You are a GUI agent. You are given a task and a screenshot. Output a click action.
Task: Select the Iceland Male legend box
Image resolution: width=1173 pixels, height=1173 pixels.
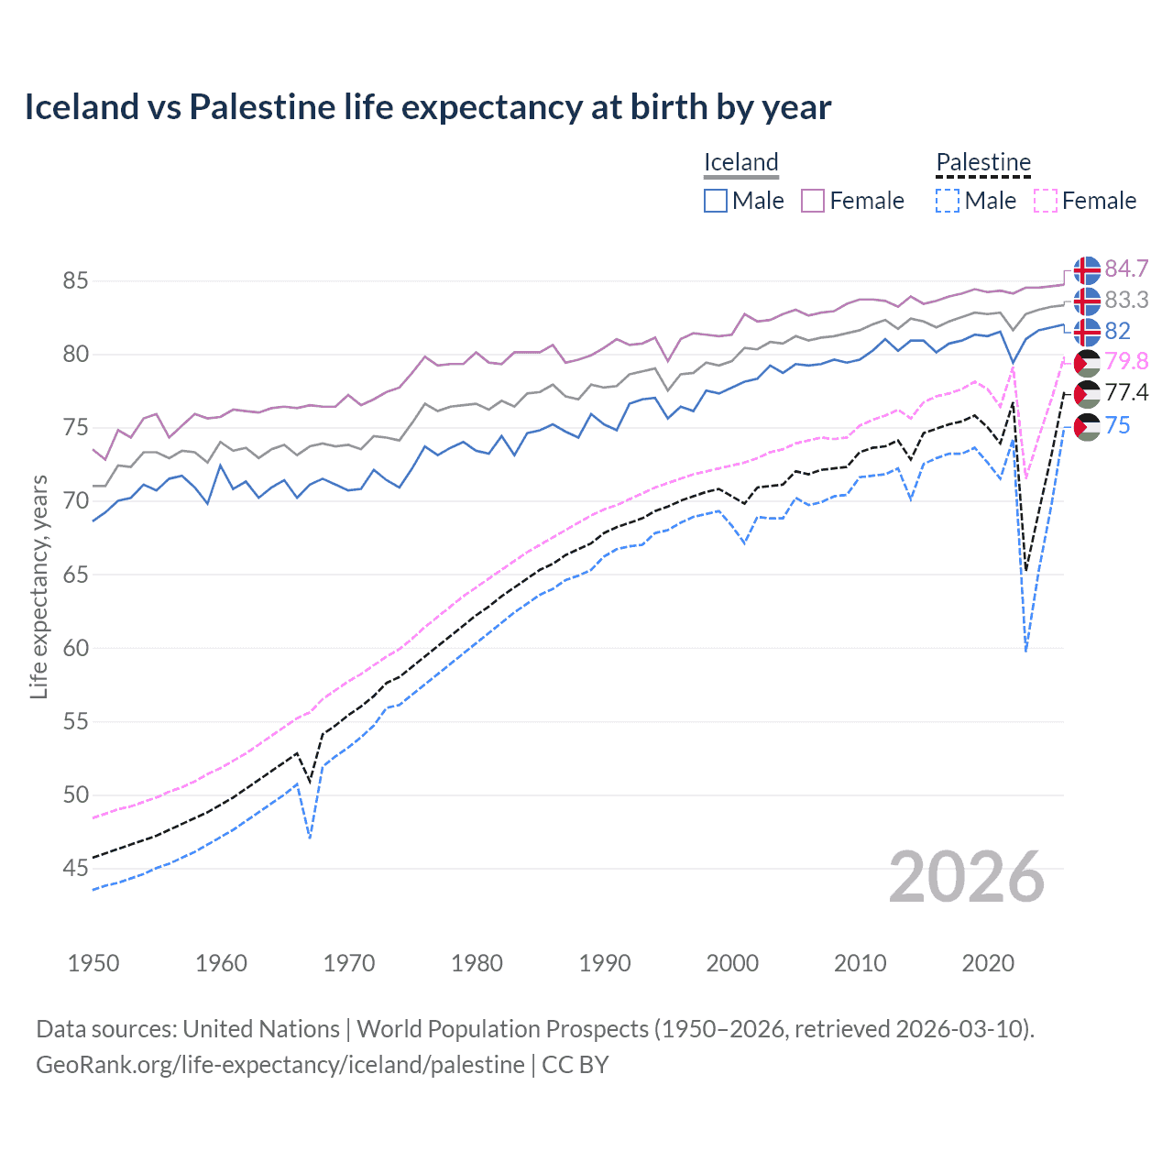tap(716, 201)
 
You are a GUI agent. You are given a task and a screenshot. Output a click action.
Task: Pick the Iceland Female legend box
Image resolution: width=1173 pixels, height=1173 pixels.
tap(813, 201)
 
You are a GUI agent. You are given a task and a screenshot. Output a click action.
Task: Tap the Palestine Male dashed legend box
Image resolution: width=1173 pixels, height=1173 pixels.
tap(948, 201)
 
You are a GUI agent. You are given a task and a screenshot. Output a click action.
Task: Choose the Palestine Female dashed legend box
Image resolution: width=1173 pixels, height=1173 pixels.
tap(1046, 201)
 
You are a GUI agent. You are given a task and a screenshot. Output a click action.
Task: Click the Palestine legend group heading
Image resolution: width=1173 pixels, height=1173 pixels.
tap(983, 163)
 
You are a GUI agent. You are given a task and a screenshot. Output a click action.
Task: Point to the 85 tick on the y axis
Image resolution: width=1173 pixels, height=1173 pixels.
tap(75, 280)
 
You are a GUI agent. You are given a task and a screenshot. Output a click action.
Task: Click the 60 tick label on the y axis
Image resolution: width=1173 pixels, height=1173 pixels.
tap(75, 648)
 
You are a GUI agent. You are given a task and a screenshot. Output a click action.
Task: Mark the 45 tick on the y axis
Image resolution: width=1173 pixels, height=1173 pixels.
tap(75, 868)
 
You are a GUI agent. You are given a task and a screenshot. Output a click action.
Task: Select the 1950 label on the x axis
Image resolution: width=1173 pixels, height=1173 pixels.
tap(93, 963)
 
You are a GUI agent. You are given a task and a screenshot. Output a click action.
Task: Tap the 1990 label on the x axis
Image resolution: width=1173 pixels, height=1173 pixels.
tap(605, 963)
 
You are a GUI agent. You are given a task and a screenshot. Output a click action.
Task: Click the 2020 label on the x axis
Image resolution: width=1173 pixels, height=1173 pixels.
tap(988, 963)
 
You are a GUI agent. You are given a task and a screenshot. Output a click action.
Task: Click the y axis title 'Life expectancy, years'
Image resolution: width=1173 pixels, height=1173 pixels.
tap(38, 586)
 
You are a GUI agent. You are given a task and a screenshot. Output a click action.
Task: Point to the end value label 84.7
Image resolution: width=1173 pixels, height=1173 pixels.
tap(1126, 269)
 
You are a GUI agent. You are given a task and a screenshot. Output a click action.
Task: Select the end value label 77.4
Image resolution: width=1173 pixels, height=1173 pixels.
tap(1126, 393)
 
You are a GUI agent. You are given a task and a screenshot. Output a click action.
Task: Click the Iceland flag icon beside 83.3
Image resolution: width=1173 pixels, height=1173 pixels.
tap(1087, 301)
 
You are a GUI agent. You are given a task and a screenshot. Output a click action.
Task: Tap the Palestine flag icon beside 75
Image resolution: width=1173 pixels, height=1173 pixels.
tap(1087, 426)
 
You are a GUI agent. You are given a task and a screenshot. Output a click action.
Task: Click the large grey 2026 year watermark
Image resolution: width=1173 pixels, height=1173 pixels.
tap(967, 878)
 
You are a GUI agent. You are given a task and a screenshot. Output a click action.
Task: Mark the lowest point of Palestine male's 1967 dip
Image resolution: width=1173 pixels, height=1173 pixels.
tap(311, 838)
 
